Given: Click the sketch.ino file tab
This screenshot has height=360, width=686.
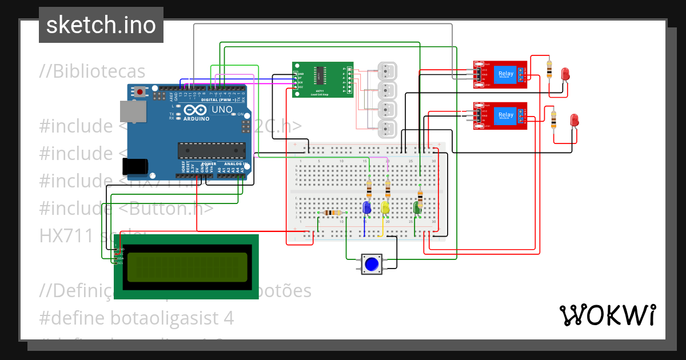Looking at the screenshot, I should coord(101,25).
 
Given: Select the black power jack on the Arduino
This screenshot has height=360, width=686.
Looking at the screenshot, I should coord(135,166).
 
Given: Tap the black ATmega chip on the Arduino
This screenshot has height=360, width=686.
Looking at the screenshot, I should coord(211,150).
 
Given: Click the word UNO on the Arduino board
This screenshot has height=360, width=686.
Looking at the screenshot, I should coord(222,109).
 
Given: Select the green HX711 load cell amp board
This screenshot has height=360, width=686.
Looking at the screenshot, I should coord(322,80).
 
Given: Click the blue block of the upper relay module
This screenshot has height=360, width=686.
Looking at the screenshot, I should coord(506,74).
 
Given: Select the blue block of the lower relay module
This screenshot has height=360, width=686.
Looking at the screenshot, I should coord(506,115).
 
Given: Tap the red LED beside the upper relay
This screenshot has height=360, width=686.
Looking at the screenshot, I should coord(565,74).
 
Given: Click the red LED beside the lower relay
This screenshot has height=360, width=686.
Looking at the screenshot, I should coord(575,120).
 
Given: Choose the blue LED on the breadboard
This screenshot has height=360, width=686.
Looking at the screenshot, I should coord(367,207).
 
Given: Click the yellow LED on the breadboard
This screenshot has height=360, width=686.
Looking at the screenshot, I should coord(385,207).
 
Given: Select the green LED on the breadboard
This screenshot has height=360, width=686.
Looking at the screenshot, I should coord(418,207).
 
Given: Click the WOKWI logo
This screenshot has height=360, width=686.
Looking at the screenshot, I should coord(607,315).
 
